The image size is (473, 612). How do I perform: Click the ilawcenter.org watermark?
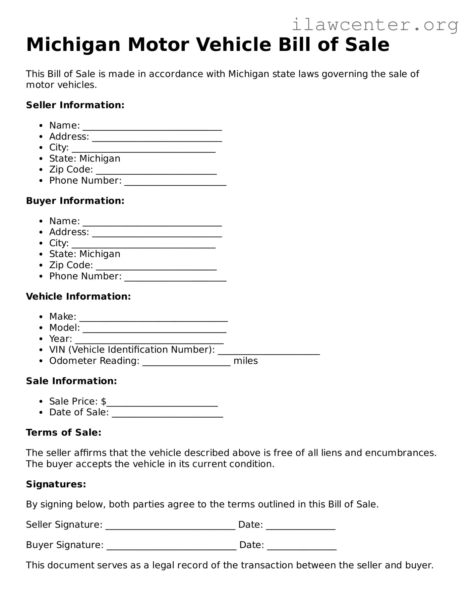point(375,24)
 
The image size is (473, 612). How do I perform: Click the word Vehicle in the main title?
point(233,45)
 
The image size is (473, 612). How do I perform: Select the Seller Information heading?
point(75,105)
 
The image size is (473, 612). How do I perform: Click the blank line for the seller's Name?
point(152,128)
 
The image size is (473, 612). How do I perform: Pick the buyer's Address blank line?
point(157,235)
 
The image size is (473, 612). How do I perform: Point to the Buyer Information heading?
point(75,201)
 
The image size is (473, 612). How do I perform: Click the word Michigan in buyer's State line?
point(100,254)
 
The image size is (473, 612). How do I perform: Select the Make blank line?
point(154,319)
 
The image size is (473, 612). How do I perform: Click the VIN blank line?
point(269,353)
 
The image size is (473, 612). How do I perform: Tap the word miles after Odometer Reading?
point(245,361)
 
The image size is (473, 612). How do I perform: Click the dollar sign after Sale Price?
point(104,401)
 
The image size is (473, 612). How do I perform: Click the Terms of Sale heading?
point(64,433)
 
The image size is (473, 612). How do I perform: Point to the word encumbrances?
point(400,453)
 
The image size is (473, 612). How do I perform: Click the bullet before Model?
point(41,328)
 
